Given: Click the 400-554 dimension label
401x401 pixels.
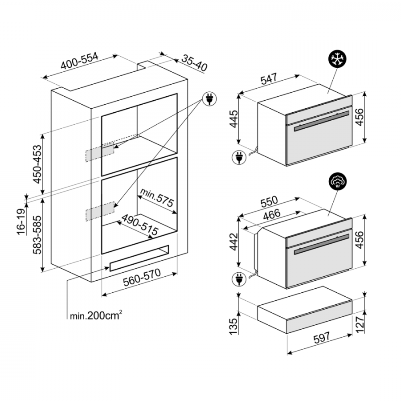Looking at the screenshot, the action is click(x=80, y=61).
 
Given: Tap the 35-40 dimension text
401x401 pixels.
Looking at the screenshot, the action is click(x=194, y=63).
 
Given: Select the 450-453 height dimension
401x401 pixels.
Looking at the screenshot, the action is click(x=37, y=164).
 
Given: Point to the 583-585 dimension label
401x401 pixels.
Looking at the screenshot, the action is click(x=37, y=235).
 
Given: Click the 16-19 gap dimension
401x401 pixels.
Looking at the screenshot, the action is click(x=21, y=221).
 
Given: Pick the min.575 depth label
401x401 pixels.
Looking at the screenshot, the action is click(x=157, y=197).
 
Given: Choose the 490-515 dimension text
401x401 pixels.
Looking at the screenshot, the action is click(x=139, y=225).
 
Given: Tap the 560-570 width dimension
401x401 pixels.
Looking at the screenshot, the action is click(x=142, y=277).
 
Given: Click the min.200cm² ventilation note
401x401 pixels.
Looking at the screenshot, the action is click(x=96, y=315).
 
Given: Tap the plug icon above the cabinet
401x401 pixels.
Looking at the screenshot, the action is click(x=209, y=99).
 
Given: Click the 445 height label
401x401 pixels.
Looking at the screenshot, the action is click(x=234, y=119).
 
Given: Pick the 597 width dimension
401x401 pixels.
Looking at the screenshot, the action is click(x=322, y=338).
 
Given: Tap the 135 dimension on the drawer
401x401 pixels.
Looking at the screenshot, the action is click(x=233, y=326).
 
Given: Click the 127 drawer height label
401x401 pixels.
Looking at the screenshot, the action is click(x=360, y=324).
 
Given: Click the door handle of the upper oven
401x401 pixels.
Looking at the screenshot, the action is click(x=322, y=121).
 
